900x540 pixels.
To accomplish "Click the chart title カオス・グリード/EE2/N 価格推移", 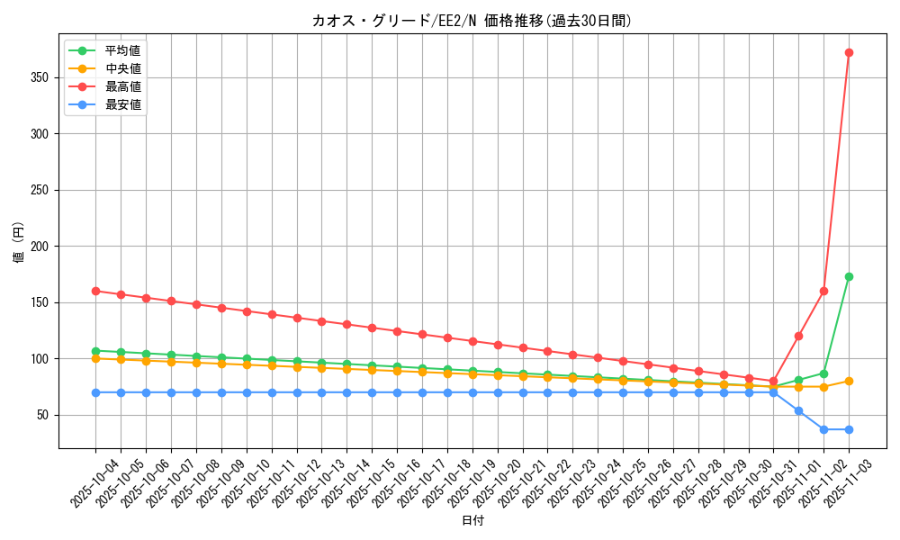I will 472,21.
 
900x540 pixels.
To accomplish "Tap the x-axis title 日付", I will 472,521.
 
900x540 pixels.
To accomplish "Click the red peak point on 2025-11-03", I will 849,52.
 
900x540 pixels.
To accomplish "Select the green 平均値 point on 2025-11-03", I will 849,276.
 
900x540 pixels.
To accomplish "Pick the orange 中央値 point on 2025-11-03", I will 849,381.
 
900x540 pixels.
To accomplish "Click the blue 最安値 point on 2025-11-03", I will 849,429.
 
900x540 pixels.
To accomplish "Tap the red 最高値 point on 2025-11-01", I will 798,336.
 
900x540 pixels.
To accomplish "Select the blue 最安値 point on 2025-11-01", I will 798,410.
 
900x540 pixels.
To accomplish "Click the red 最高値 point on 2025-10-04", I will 95,291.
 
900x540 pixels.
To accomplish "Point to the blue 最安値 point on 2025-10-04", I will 95,392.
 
